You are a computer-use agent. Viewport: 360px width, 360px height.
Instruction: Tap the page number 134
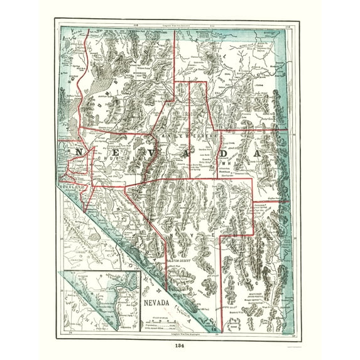[180, 345]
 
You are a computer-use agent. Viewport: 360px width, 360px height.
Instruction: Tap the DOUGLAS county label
[65, 187]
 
